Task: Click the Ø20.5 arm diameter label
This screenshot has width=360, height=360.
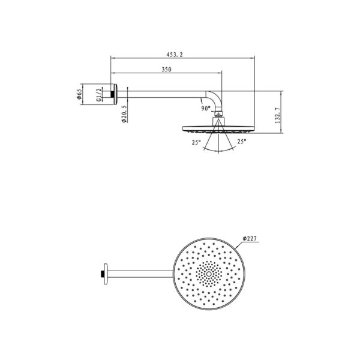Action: pyautogui.click(x=123, y=114)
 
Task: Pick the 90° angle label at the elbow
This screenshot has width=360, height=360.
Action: pyautogui.click(x=206, y=109)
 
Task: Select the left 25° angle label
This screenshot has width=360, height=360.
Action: pyautogui.click(x=196, y=142)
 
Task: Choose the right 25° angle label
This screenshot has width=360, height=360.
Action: pyautogui.click(x=242, y=142)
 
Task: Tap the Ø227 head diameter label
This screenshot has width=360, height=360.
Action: pyautogui.click(x=250, y=239)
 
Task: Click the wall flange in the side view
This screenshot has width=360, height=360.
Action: pyautogui.click(x=113, y=94)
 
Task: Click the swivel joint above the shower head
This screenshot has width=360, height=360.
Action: pyautogui.click(x=220, y=115)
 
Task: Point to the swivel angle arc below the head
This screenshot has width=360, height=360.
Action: pyautogui.click(x=220, y=151)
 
